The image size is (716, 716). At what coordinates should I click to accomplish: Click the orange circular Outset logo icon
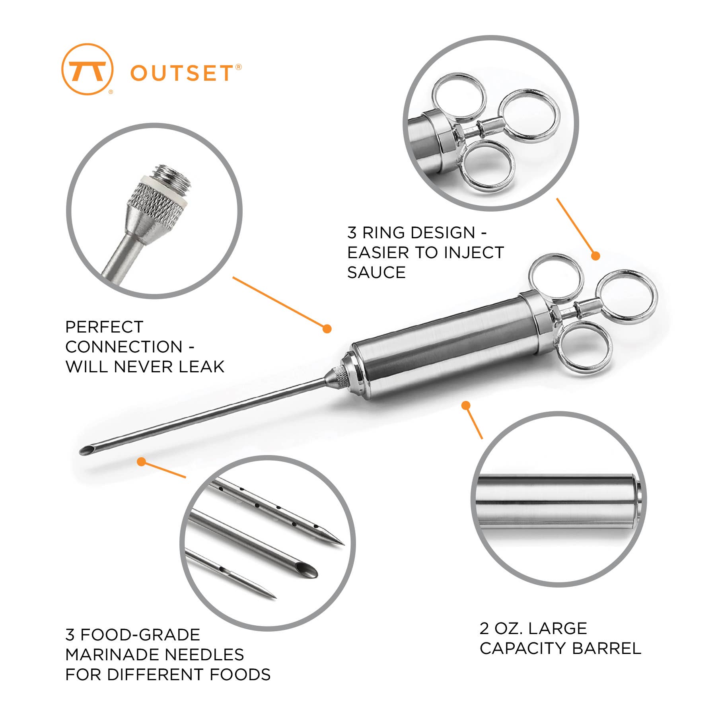pos(88,70)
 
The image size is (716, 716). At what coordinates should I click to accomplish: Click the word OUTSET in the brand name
pos(181,73)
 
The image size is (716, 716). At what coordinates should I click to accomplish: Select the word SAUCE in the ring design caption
pos(376,272)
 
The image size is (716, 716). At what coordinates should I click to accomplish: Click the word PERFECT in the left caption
pos(104,327)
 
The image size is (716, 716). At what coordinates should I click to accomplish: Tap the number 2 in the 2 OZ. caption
pos(484,628)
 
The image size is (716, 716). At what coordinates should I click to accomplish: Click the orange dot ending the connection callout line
pos(327,329)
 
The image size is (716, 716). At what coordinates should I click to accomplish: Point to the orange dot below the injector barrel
pos(466,405)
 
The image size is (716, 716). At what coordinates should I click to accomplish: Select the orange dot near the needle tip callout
pos(141,461)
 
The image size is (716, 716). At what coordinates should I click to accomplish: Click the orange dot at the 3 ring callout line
pos(595,256)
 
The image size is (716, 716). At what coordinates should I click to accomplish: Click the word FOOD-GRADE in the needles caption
pos(140,634)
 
